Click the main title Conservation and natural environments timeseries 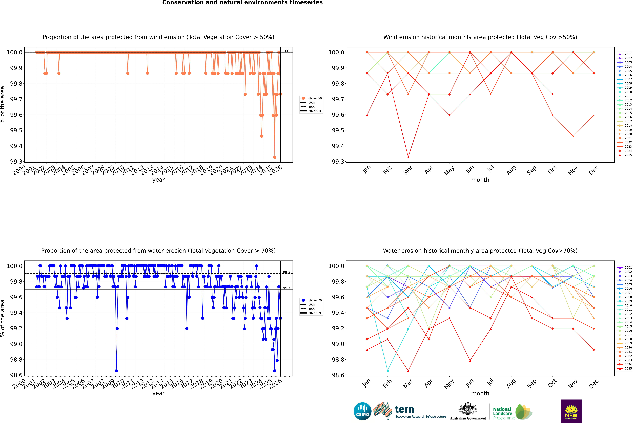click(242, 3)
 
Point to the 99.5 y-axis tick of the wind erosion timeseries click(16, 130)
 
